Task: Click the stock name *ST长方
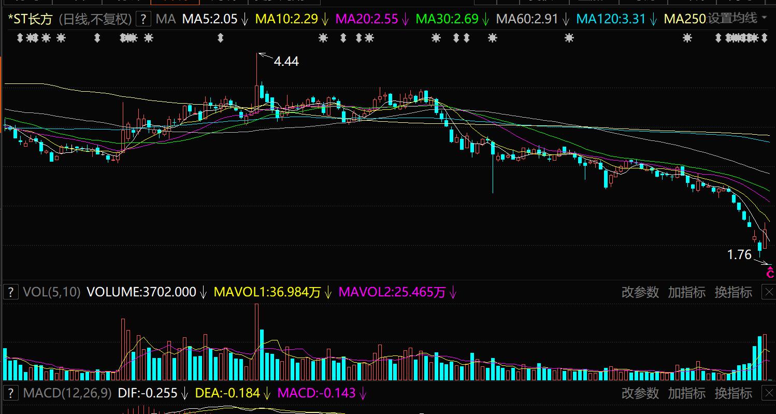click(31, 20)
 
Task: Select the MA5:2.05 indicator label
click(209, 20)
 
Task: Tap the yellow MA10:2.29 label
click(286, 20)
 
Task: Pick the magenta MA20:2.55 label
click(367, 20)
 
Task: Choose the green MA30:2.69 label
click(447, 20)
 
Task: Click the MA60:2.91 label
click(527, 20)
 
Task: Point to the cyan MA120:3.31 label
click(611, 20)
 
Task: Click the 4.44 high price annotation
click(286, 61)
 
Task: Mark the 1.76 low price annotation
click(739, 255)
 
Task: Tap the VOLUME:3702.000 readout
click(141, 292)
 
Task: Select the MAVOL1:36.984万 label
click(267, 292)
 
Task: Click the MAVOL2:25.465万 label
click(392, 292)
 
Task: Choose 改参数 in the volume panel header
click(640, 292)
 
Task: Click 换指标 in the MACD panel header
click(733, 393)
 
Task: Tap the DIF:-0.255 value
click(148, 393)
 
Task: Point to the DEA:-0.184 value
click(227, 393)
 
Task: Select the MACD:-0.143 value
click(317, 393)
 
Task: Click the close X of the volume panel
click(769, 292)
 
